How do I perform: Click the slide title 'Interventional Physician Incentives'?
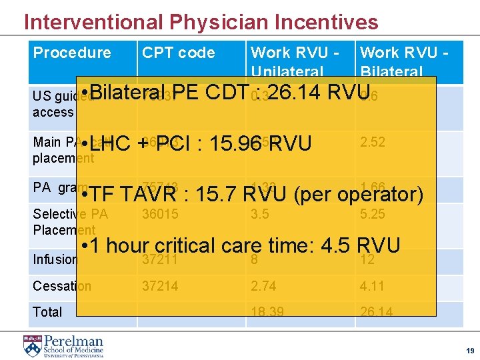pyautogui.click(x=201, y=22)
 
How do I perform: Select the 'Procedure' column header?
pyautogui.click(x=72, y=53)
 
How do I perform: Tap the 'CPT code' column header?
pyautogui.click(x=179, y=53)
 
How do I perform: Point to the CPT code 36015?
pyautogui.click(x=160, y=214)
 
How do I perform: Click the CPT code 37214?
pyautogui.click(x=160, y=285)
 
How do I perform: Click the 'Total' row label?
pyautogui.click(x=48, y=312)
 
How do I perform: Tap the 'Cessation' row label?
pyautogui.click(x=62, y=285)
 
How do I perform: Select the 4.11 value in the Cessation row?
pyautogui.click(x=374, y=285)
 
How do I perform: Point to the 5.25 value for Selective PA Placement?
pyautogui.click(x=374, y=214)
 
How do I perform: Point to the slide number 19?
pyautogui.click(x=470, y=351)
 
